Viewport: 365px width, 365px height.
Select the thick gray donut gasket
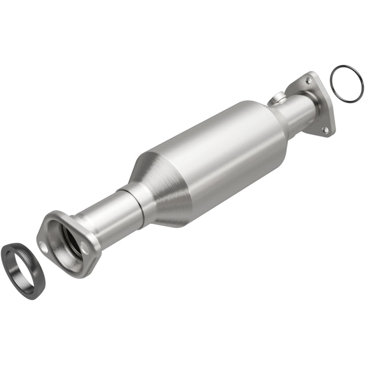click(x=15, y=263)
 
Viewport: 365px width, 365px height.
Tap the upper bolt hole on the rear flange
click(x=308, y=80)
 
